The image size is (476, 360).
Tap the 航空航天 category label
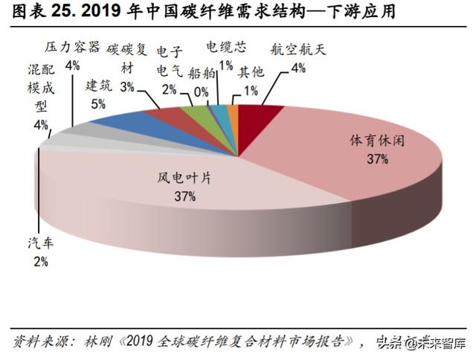click(298, 51)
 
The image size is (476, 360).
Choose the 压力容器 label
click(72, 48)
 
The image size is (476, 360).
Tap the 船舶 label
click(199, 73)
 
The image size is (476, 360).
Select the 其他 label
click(250, 73)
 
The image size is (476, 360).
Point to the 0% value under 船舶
click(199, 91)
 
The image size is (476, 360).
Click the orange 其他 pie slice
click(234, 112)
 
